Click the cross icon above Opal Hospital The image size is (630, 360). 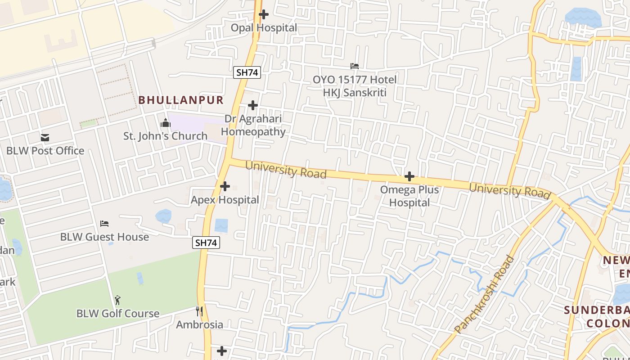(x=264, y=14)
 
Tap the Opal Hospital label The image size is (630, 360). (x=264, y=28)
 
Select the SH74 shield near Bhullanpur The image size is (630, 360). (x=247, y=72)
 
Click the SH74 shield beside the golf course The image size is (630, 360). (x=207, y=243)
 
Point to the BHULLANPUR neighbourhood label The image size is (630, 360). (x=181, y=100)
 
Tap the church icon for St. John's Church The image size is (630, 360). (x=166, y=123)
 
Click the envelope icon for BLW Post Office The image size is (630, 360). (x=45, y=138)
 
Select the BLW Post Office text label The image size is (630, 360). (x=45, y=151)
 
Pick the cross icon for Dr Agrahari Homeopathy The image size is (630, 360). (x=253, y=106)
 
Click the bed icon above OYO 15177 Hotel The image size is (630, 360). (x=355, y=66)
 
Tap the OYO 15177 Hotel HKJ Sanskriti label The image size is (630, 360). (x=355, y=86)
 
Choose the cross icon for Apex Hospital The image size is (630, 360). (x=225, y=186)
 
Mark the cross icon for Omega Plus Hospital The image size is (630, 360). (x=409, y=176)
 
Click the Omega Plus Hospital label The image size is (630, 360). (x=409, y=196)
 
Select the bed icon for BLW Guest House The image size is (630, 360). (x=104, y=224)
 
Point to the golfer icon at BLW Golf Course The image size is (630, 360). (x=118, y=300)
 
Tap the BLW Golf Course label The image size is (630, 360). (x=118, y=314)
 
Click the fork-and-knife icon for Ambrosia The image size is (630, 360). (x=199, y=311)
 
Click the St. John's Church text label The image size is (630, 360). (x=166, y=136)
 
